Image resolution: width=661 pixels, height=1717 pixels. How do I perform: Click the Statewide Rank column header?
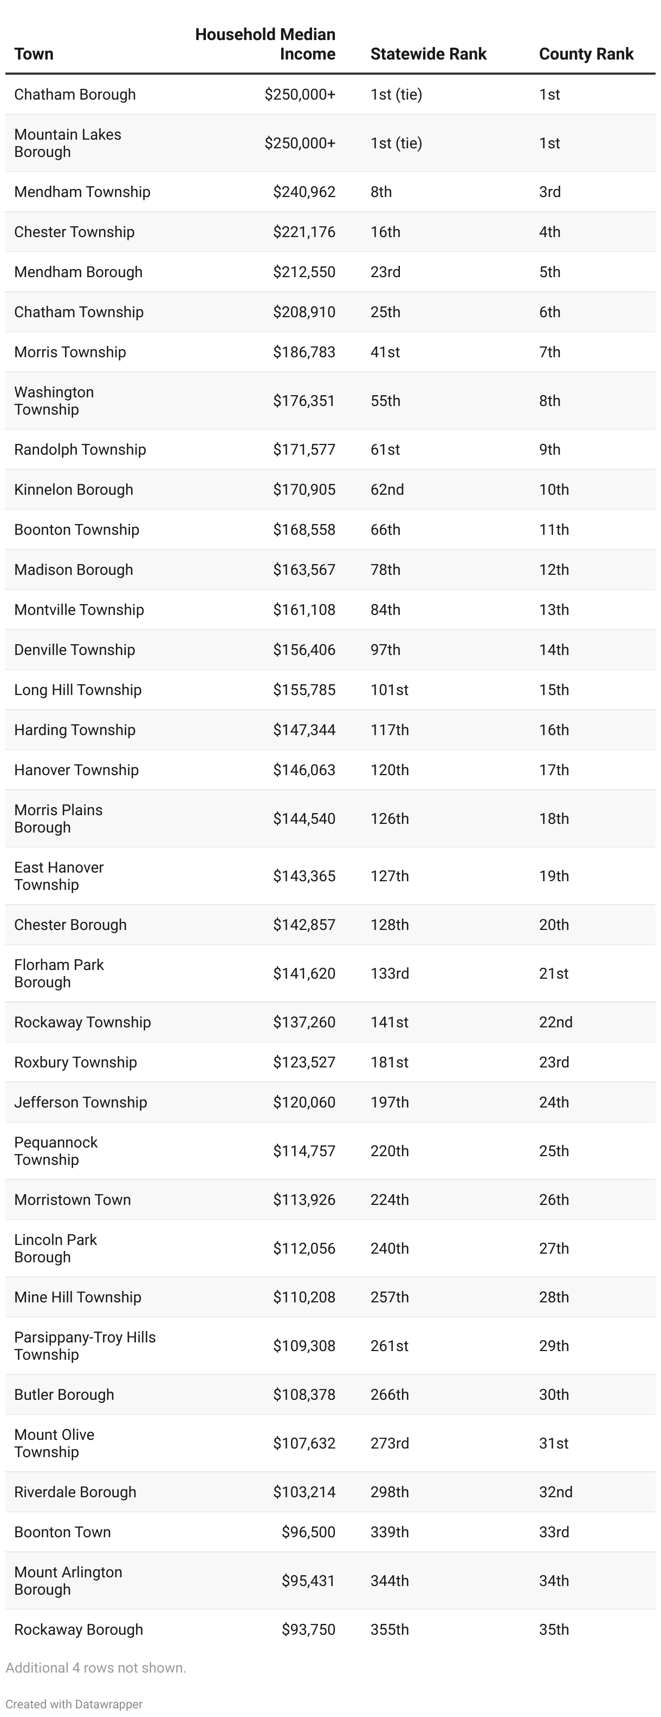tap(428, 54)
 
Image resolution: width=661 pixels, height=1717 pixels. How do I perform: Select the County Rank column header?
tap(586, 54)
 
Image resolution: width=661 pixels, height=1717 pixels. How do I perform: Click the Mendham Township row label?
tap(82, 192)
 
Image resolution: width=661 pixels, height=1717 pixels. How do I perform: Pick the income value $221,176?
tap(303, 232)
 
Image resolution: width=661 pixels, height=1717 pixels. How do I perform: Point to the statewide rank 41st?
tap(385, 352)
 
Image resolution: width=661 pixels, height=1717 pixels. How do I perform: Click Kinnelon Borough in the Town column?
tap(73, 489)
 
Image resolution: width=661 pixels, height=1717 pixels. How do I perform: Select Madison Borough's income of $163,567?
tap(303, 569)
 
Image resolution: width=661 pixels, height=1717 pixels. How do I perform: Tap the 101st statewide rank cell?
tap(389, 689)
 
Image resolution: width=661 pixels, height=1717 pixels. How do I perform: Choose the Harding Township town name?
tap(75, 729)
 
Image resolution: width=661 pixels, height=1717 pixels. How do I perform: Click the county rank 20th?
tap(554, 925)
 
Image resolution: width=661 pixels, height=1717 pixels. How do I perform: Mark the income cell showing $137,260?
tap(303, 1022)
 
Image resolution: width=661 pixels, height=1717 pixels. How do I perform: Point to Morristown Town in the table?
tap(72, 1199)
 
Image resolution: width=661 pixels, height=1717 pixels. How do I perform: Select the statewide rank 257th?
tap(389, 1296)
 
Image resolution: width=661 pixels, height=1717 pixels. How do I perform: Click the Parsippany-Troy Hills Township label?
tap(85, 1345)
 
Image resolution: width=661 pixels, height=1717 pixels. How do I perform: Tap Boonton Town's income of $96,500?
tap(308, 1532)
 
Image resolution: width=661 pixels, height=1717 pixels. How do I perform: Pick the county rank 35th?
tap(554, 1629)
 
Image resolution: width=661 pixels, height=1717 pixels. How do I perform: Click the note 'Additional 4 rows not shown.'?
tap(96, 1667)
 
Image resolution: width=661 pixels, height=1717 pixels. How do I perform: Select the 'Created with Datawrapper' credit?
tap(74, 1703)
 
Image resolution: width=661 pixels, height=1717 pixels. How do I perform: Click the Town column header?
tap(34, 54)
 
